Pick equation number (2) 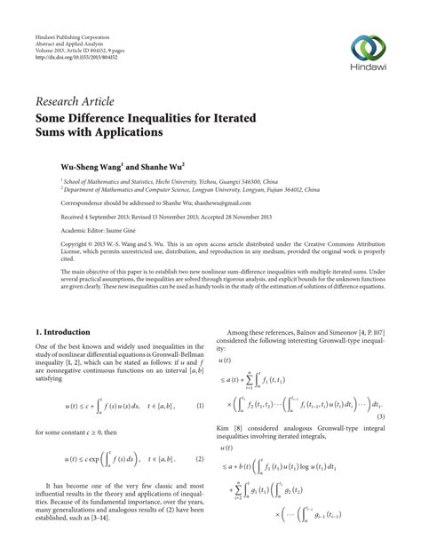point(199,435)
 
